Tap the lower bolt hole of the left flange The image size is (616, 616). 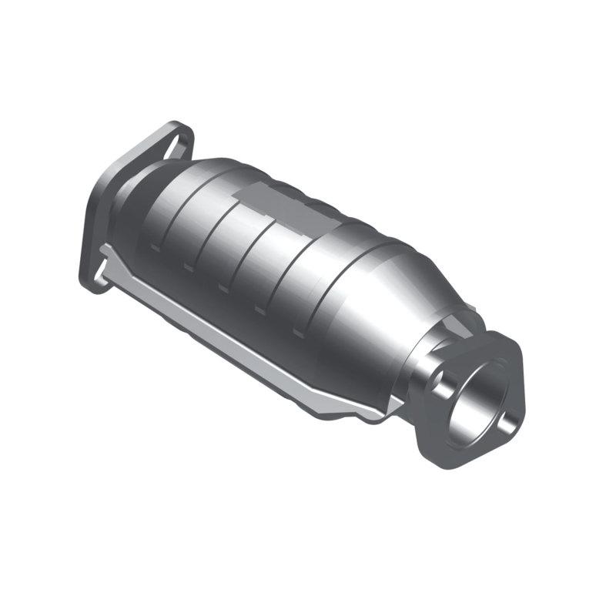click(97, 274)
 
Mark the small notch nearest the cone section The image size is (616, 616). click(296, 333)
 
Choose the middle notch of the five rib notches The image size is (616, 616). click(223, 289)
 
